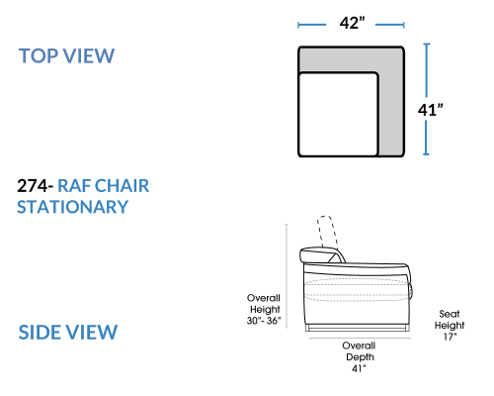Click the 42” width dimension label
(353, 23)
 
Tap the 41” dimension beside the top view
(430, 110)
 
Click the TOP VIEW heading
(66, 55)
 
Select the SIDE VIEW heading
(68, 332)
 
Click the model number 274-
(35, 186)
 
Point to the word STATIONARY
(72, 207)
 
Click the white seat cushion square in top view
(338, 114)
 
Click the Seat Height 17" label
(450, 325)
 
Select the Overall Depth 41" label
(359, 356)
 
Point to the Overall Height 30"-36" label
(264, 309)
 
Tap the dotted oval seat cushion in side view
(357, 290)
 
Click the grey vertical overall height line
(287, 276)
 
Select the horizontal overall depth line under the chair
(360, 339)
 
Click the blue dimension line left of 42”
(311, 25)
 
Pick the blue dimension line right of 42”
(390, 25)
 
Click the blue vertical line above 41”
(427, 70)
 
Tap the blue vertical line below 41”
(427, 138)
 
